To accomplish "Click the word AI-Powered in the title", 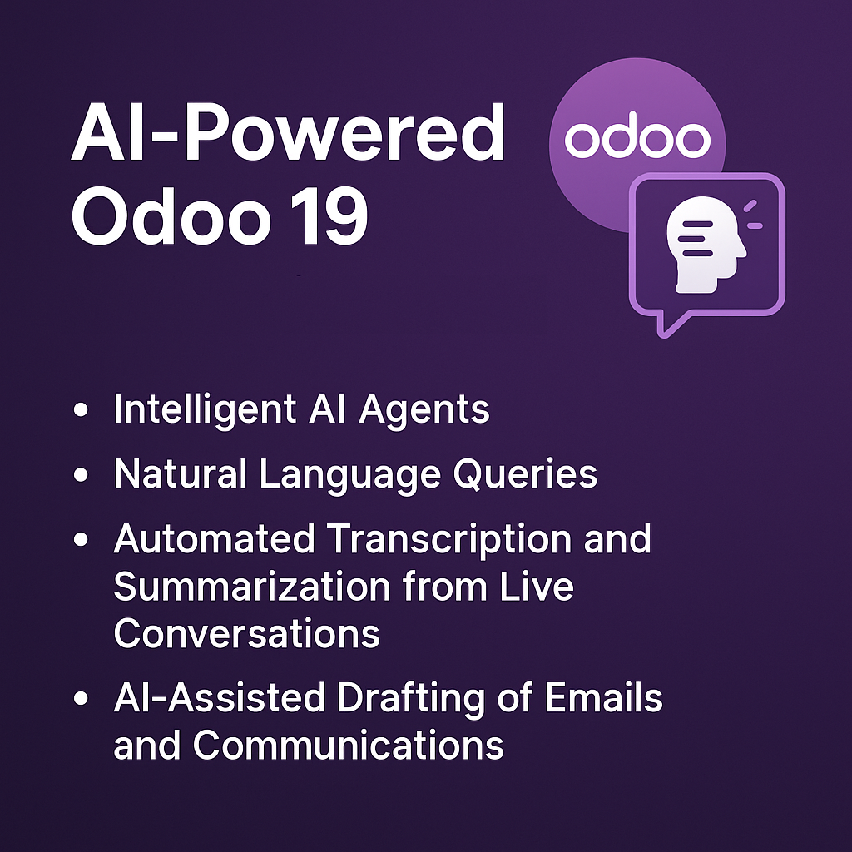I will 287,135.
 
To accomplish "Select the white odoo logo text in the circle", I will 637,139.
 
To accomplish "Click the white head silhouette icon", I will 707,244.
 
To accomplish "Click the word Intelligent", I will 205,410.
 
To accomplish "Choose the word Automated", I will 213,540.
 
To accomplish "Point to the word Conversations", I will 247,634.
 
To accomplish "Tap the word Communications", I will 349,745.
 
